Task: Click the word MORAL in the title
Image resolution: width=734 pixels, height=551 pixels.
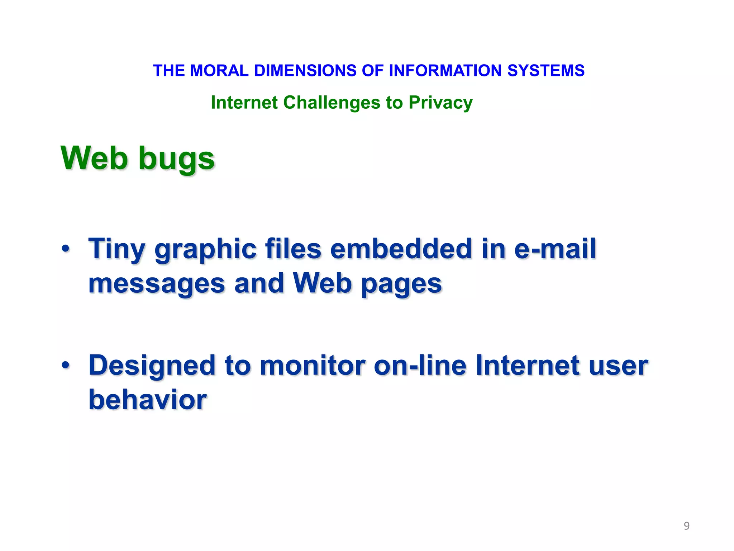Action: [219, 71]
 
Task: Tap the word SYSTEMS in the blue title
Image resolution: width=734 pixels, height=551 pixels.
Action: [546, 71]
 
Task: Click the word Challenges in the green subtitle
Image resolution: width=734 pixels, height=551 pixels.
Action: [332, 103]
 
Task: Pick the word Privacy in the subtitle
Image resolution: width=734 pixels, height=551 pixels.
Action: [440, 103]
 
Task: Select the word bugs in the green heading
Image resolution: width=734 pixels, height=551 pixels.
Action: [176, 159]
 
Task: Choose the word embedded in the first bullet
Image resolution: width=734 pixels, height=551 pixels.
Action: [401, 249]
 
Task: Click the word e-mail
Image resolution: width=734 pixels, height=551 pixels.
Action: [555, 249]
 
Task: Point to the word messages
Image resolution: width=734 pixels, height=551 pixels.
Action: [157, 283]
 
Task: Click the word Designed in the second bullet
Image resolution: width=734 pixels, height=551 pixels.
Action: [152, 366]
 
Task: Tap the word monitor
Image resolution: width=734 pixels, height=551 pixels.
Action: [312, 365]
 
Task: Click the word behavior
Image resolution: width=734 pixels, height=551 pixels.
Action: [148, 399]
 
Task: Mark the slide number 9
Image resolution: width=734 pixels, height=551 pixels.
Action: [686, 526]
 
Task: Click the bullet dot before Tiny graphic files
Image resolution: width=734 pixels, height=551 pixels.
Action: [65, 248]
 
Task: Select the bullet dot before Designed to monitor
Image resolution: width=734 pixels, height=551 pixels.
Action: [65, 365]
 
